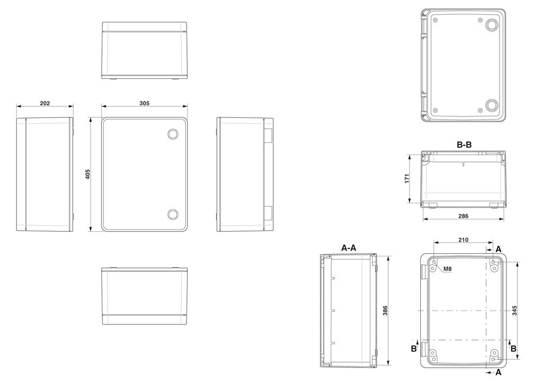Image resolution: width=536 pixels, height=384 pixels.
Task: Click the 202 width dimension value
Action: (x=45, y=104)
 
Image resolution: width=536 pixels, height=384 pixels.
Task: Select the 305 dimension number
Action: (x=144, y=104)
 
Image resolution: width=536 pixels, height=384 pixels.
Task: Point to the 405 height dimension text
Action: (x=87, y=174)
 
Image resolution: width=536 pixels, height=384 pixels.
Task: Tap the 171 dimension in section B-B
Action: (x=407, y=179)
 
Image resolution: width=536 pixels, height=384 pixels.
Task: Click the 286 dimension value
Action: (x=463, y=216)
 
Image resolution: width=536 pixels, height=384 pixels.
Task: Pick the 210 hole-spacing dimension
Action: (x=463, y=240)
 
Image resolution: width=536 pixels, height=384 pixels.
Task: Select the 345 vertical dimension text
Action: (x=515, y=311)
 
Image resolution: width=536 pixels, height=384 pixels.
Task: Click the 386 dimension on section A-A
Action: (x=385, y=311)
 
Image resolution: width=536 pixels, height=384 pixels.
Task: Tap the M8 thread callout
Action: (x=448, y=269)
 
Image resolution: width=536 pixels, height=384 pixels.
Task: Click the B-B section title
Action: (x=464, y=145)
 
